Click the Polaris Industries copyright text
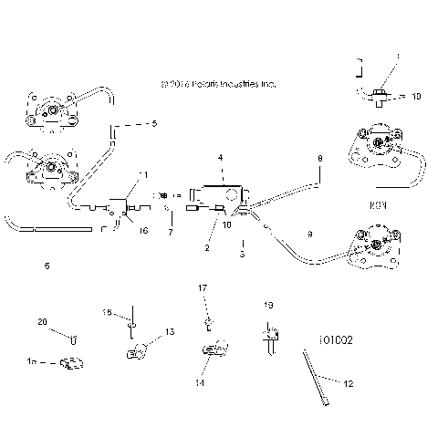(x=217, y=84)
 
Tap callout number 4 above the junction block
(x=220, y=158)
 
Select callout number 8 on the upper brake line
(x=319, y=159)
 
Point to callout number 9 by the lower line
(x=309, y=235)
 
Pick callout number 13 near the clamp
(x=169, y=332)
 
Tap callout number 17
(x=203, y=288)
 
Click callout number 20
(x=41, y=322)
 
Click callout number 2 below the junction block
(x=208, y=248)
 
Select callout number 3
(x=242, y=254)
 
